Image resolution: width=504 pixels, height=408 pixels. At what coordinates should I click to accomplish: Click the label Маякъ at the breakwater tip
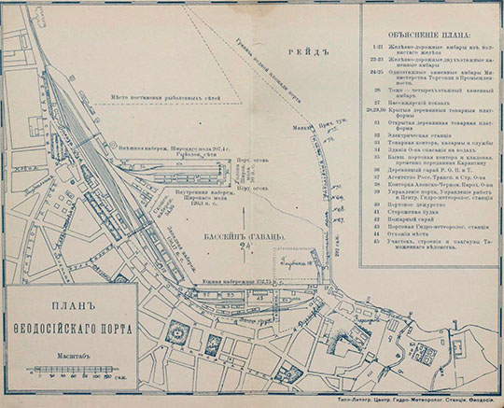click(298, 127)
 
